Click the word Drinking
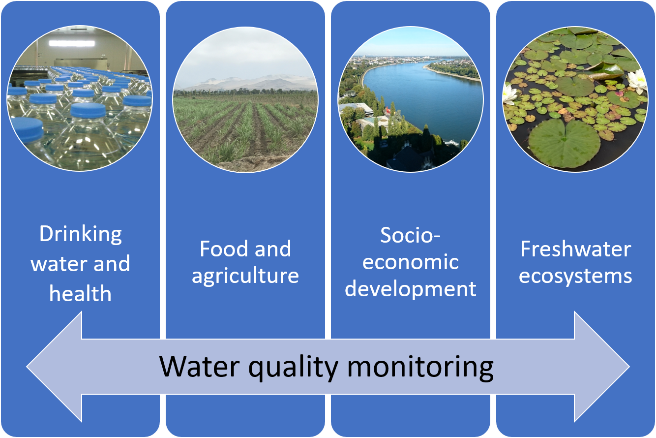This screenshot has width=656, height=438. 81,235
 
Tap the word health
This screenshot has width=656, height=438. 81,293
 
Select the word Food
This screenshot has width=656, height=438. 223,249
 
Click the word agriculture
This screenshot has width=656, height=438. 245,277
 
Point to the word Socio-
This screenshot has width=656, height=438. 410,235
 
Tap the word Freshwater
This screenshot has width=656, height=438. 576,249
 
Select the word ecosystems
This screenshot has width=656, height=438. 575,277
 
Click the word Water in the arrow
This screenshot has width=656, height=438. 200,367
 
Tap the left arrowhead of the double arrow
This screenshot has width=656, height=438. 54,367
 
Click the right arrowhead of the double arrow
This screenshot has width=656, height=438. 602,367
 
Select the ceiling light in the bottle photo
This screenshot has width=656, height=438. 72,43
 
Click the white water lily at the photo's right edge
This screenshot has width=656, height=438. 637,82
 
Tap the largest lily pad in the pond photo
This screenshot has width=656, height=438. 565,143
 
